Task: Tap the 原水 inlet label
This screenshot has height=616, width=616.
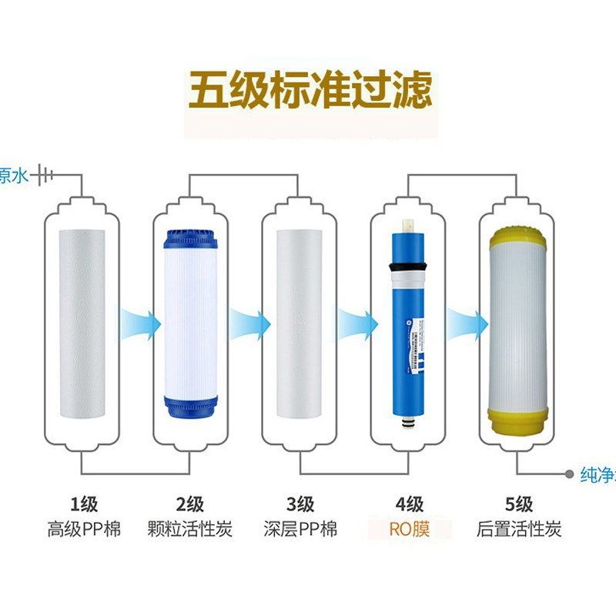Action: click(x=13, y=176)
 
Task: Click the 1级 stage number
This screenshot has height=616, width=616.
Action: click(x=84, y=505)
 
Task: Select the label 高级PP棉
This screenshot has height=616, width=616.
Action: click(x=84, y=530)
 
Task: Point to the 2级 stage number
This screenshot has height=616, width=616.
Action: click(x=189, y=505)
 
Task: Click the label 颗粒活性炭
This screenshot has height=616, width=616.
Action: click(x=189, y=530)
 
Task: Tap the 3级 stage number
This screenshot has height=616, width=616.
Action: click(x=300, y=505)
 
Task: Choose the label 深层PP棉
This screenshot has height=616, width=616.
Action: click(x=300, y=530)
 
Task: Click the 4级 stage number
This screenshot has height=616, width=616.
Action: click(x=409, y=505)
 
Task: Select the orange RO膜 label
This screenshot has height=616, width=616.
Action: click(x=409, y=530)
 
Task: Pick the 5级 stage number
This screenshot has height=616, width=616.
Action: click(x=518, y=505)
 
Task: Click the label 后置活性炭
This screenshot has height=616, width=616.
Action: click(x=518, y=530)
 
